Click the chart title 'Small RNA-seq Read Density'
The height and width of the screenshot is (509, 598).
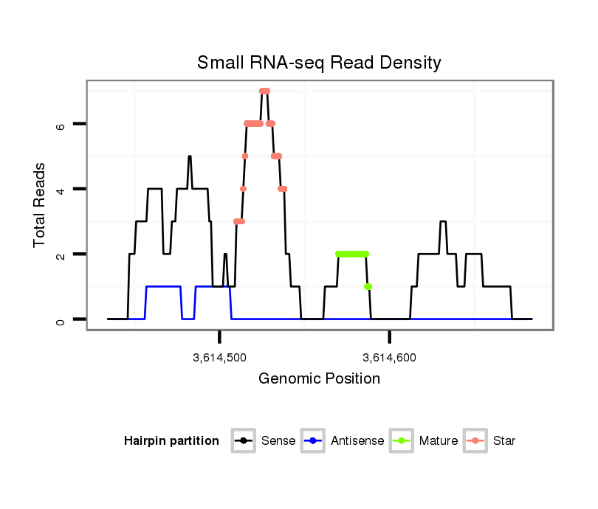(319, 63)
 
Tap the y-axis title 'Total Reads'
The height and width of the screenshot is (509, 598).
(41, 205)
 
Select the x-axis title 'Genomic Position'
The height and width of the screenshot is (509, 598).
(319, 379)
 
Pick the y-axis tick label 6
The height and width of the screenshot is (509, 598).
(61, 125)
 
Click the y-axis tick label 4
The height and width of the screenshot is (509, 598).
(61, 190)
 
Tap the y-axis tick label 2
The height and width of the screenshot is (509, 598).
(61, 254)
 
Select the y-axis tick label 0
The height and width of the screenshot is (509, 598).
(61, 319)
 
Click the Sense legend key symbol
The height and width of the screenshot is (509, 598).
(243, 441)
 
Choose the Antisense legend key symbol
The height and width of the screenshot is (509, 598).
(313, 441)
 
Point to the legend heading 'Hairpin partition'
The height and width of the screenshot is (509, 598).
(171, 441)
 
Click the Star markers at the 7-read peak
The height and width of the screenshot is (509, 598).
(264, 91)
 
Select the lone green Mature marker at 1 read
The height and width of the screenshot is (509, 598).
(368, 286)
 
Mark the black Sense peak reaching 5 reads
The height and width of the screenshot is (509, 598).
(190, 157)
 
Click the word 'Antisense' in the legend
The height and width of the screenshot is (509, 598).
(357, 441)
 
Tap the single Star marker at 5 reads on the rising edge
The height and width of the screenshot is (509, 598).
(244, 156)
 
